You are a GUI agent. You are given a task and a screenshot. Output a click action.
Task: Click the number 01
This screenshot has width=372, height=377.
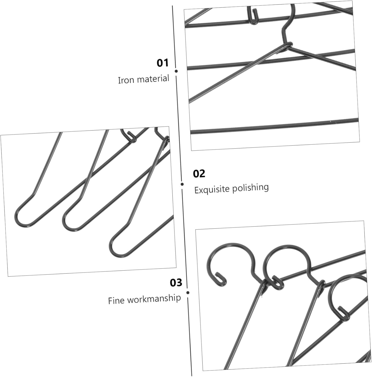click(x=162, y=63)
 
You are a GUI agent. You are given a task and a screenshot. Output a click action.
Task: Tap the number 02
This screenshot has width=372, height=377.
click(x=199, y=174)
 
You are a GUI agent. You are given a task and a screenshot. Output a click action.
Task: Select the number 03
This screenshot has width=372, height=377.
click(x=176, y=283)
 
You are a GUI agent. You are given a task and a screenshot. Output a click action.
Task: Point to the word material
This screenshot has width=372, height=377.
click(x=153, y=79)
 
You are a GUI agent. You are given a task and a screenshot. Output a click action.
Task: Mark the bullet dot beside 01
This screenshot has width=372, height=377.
click(x=176, y=71)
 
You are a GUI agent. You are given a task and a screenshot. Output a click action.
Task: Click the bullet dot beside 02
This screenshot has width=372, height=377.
click(x=182, y=184)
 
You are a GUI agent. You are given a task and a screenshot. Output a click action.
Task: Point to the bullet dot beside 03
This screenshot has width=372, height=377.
click(x=188, y=293)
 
